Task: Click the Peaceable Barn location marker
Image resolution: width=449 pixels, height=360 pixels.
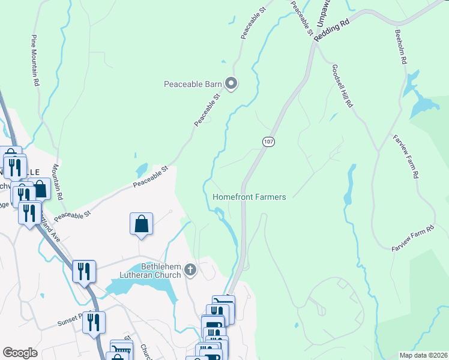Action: pyautogui.click(x=231, y=84)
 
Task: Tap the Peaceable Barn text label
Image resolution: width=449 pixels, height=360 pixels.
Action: pyautogui.click(x=193, y=84)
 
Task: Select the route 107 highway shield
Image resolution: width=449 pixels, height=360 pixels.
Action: pyautogui.click(x=268, y=140)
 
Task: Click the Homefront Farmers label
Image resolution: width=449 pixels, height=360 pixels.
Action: pyautogui.click(x=249, y=197)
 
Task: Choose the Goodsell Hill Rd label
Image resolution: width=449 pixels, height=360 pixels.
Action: pyautogui.click(x=341, y=86)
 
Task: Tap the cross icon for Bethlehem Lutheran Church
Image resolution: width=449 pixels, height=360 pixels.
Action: pyautogui.click(x=190, y=269)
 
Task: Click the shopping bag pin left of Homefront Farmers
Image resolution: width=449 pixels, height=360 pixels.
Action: pyautogui.click(x=141, y=224)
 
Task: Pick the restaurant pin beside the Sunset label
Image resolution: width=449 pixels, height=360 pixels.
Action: pyautogui.click(x=94, y=323)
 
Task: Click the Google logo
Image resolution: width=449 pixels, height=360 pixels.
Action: pyautogui.click(x=20, y=353)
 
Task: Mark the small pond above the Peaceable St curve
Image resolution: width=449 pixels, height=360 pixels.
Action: pyautogui.click(x=142, y=170)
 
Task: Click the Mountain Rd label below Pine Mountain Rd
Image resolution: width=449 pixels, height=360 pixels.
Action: pyautogui.click(x=57, y=182)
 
